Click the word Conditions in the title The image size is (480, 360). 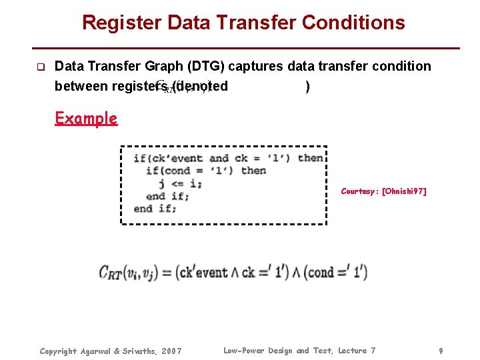353,23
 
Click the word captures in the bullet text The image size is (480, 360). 257,66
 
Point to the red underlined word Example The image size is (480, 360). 86,119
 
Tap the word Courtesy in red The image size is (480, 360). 359,191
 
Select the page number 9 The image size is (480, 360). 441,351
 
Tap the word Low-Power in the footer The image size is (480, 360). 244,351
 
